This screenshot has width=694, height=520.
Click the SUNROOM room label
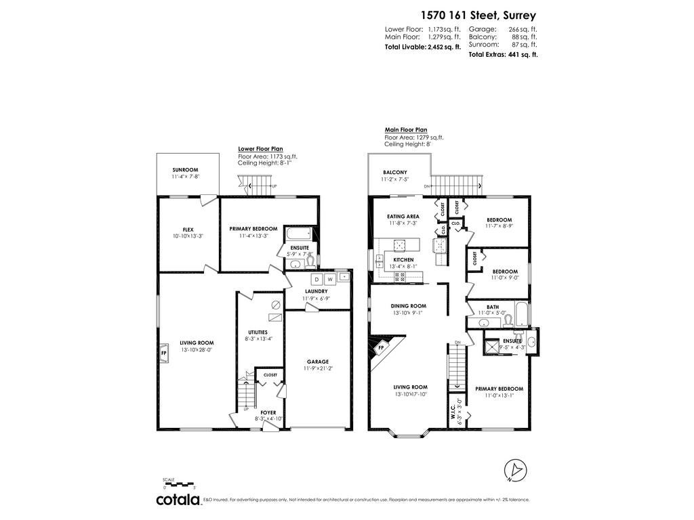tap(185, 170)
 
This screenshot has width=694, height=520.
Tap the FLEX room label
tap(188, 230)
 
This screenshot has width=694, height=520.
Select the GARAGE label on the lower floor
tap(318, 362)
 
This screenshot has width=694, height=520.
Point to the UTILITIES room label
tap(258, 332)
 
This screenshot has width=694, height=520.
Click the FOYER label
tap(268, 412)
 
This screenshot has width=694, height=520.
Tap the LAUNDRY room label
tap(316, 291)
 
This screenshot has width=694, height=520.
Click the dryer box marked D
tap(317, 280)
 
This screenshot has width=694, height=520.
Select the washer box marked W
tap(330, 280)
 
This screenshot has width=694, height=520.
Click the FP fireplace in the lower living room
tap(163, 353)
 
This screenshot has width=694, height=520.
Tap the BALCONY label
tap(395, 173)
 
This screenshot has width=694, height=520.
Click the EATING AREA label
tap(403, 217)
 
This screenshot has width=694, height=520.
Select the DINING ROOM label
tap(409, 306)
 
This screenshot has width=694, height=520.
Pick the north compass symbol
tap(516, 471)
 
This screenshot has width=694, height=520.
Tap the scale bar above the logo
tap(179, 484)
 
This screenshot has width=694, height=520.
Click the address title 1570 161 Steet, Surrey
tap(478, 16)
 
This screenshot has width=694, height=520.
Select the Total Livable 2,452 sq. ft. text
tap(423, 47)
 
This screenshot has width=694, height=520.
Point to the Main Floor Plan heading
tap(406, 130)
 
